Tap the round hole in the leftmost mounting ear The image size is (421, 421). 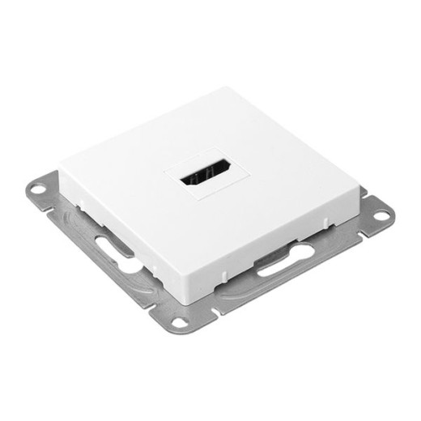pyautogui.click(x=36, y=191)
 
